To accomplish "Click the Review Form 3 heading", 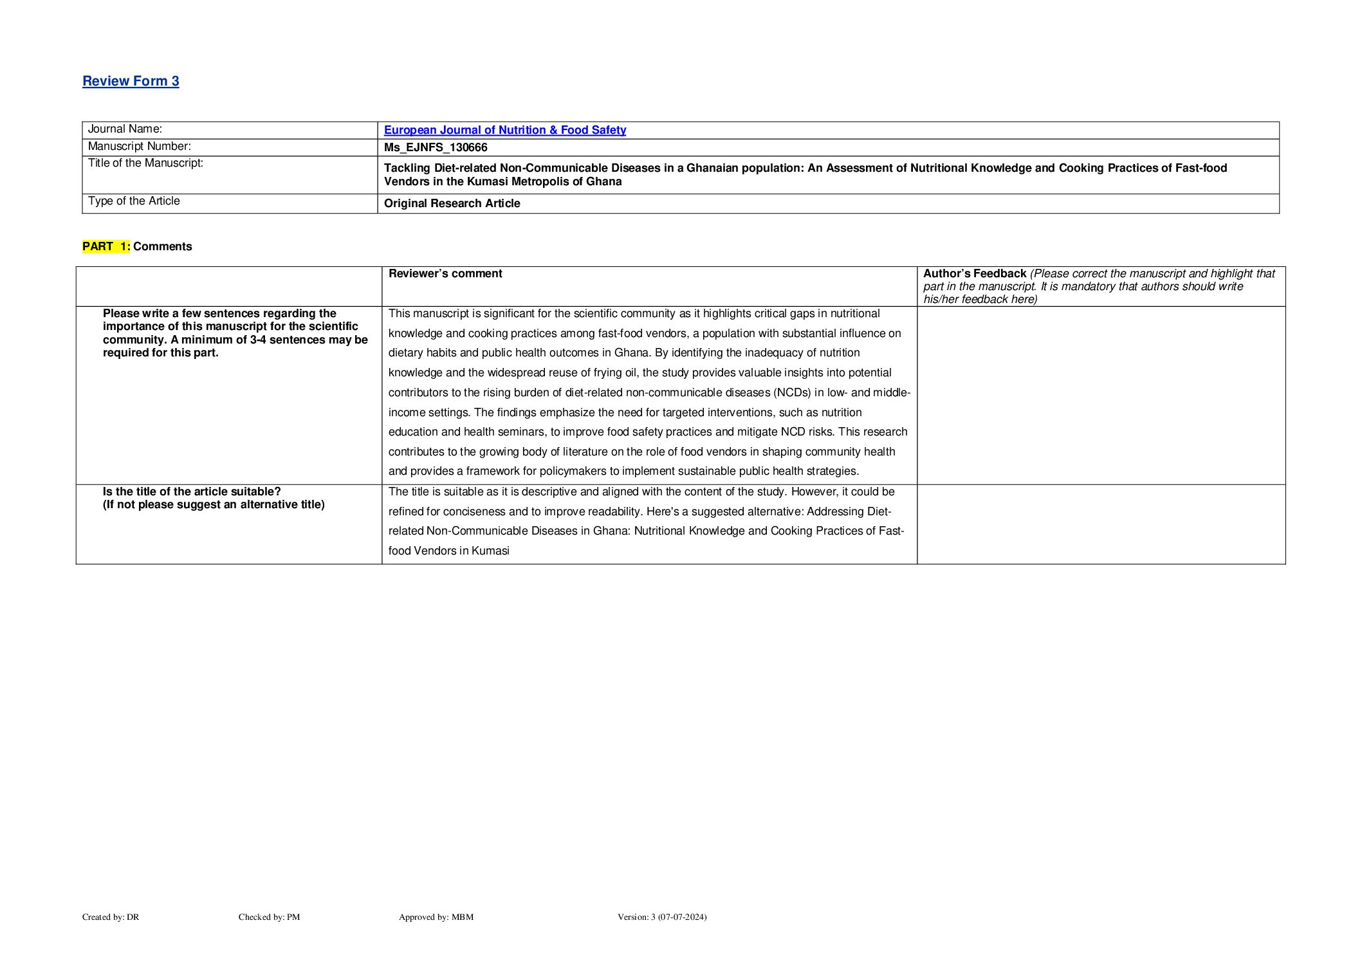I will click(131, 81).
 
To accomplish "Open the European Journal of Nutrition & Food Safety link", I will click(504, 130).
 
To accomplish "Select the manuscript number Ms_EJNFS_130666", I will click(436, 147).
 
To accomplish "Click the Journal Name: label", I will click(125, 129).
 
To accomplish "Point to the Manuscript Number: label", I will click(139, 147).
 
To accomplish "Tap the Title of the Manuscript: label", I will click(145, 163).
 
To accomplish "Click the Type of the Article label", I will click(134, 201).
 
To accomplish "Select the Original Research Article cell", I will click(452, 203).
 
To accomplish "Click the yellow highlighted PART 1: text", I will click(106, 246).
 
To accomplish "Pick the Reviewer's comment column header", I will click(445, 273).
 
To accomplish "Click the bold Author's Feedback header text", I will click(974, 273).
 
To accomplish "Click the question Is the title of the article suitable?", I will click(192, 491).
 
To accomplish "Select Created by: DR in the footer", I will click(111, 917).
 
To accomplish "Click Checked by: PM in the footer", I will click(269, 917).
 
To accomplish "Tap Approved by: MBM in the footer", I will click(436, 917).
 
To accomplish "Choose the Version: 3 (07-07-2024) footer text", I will click(661, 917).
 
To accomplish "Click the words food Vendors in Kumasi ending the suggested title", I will click(448, 551).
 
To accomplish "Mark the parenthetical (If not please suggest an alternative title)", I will click(214, 504).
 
